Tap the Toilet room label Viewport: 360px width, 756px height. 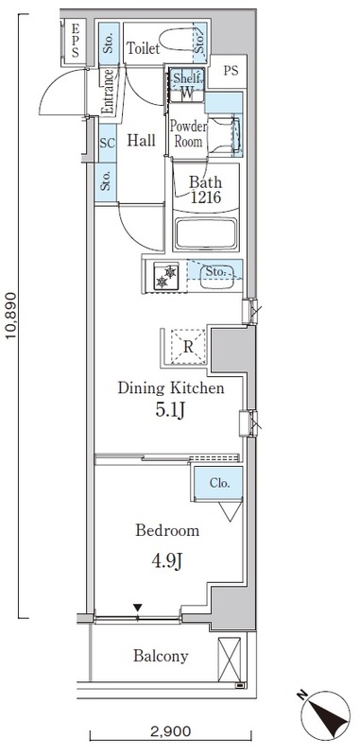point(143,47)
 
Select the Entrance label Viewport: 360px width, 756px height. point(109,92)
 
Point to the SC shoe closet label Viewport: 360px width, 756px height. point(107,143)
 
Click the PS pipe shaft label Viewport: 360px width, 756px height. point(231,69)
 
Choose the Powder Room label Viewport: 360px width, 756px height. point(187,133)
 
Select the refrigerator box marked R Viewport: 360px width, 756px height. point(189,346)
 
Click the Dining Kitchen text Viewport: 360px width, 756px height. point(170,388)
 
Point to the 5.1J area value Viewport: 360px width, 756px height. point(170,412)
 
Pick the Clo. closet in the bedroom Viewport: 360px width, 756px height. point(218,484)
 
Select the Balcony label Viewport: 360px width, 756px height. point(160,656)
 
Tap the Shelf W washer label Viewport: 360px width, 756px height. point(187,86)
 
